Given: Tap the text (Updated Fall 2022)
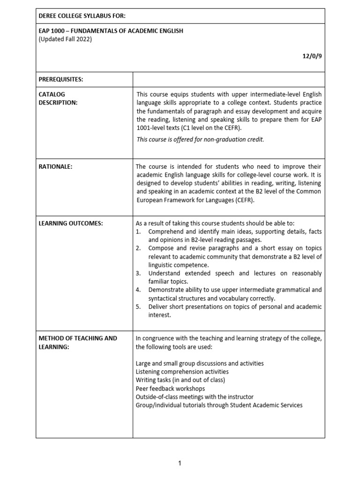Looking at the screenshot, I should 65,39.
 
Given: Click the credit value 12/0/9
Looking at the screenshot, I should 312,56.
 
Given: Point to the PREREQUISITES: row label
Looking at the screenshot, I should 60,80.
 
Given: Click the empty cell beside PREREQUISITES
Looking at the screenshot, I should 228,80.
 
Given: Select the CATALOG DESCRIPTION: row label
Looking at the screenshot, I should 58,98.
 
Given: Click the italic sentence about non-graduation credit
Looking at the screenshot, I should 200,139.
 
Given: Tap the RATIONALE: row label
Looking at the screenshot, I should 55,166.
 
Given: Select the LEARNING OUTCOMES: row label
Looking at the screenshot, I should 70,223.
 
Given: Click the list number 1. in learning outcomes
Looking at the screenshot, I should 138,232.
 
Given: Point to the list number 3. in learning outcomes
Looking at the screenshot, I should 138,273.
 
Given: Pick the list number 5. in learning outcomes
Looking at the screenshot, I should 138,307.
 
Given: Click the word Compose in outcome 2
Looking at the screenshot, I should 162,248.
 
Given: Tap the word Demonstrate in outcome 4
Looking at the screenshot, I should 166,290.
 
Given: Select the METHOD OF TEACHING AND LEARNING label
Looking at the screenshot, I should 77,342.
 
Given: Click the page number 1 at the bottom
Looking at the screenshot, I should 180,464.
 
